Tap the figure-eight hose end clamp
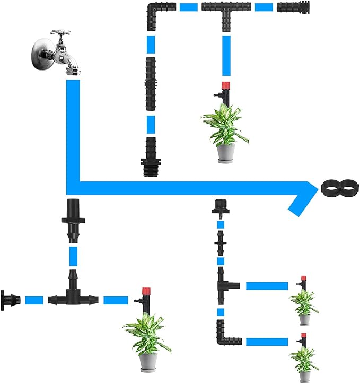(x=340, y=187)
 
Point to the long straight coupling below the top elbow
(x=151, y=83)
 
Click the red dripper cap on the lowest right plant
(x=304, y=335)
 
